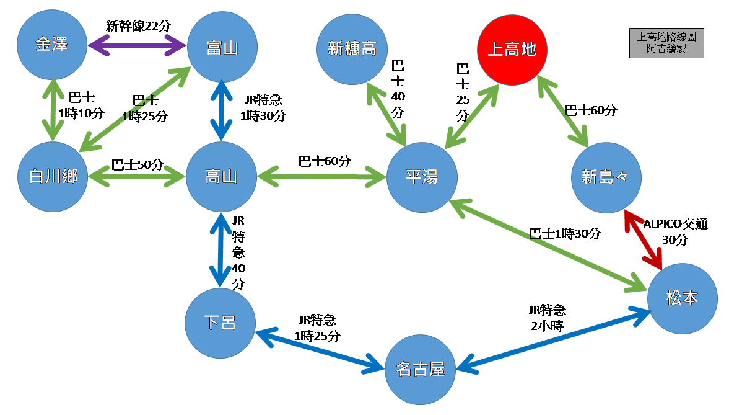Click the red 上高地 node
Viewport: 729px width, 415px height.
coord(512,49)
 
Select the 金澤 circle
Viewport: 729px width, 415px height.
coord(52,45)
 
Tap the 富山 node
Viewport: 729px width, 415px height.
coord(221,48)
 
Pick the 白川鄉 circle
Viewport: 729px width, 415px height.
coord(53,177)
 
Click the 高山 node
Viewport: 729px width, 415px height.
coord(221,177)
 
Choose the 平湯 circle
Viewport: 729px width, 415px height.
coord(422,177)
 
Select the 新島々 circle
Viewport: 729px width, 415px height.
coord(605,177)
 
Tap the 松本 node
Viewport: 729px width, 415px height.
coord(682,298)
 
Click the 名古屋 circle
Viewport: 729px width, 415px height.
coord(421,370)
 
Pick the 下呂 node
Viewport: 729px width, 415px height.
coord(220,322)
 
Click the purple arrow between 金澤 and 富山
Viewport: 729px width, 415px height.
coord(137,45)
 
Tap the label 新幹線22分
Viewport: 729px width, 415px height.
coord(138,26)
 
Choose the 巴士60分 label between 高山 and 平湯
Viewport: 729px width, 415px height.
coord(325,161)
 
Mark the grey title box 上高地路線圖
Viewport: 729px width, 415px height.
coord(666,43)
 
